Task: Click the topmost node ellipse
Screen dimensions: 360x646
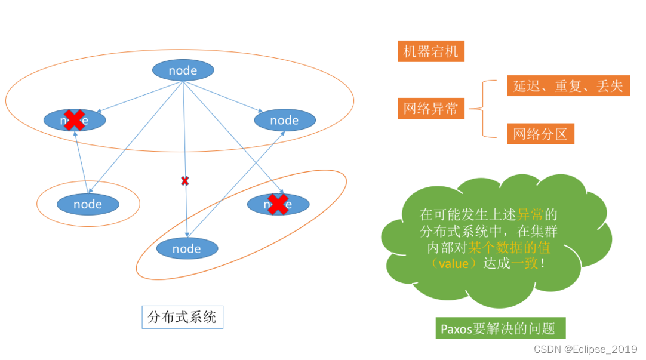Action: click(183, 70)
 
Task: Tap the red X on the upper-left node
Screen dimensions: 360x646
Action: click(74, 119)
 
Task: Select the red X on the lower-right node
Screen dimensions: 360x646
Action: click(278, 204)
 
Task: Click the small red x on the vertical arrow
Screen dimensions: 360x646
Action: click(184, 180)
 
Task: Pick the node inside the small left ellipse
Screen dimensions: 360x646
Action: click(88, 204)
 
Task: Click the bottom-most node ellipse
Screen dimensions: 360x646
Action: click(187, 248)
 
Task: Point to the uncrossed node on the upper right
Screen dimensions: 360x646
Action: click(284, 120)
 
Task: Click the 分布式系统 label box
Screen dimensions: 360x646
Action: click(182, 317)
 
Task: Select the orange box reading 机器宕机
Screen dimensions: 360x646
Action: click(430, 51)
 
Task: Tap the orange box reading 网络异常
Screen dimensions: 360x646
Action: click(430, 109)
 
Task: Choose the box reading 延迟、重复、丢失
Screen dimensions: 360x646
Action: click(568, 86)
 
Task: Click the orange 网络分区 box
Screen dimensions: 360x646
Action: click(540, 134)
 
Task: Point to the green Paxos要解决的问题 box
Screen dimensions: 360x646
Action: click(500, 328)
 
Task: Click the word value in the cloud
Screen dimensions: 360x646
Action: click(453, 263)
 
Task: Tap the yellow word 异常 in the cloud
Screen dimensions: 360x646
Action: click(530, 214)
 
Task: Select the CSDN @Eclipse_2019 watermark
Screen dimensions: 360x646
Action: click(585, 349)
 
